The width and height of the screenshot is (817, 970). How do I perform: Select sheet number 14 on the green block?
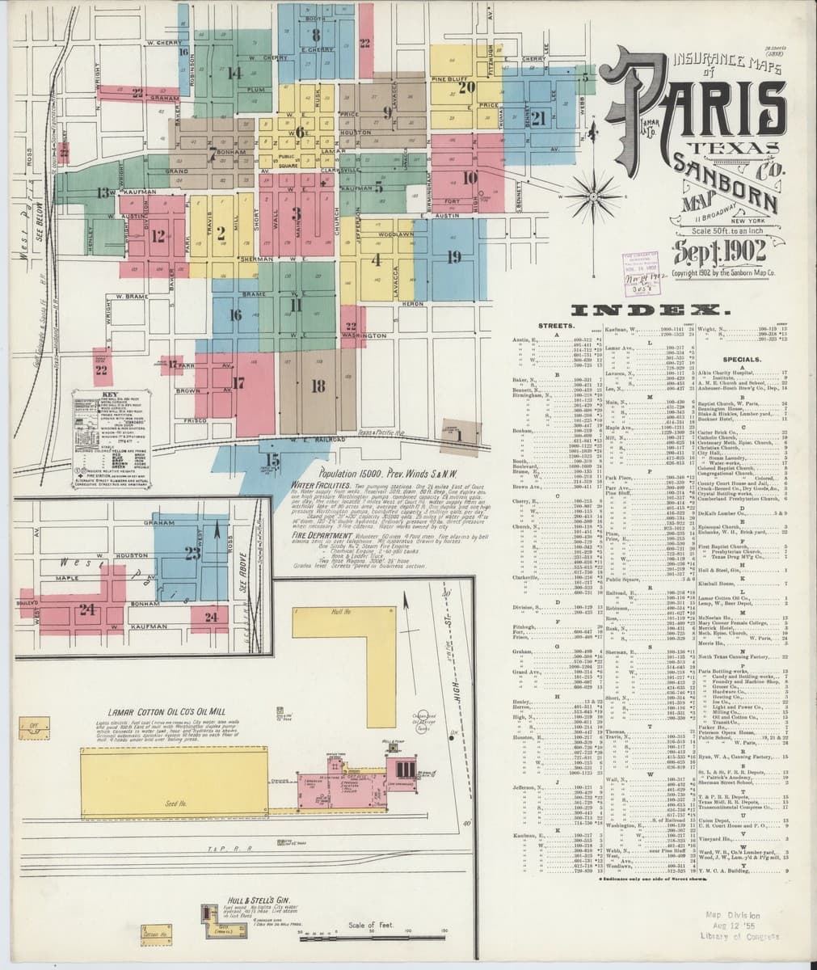234,73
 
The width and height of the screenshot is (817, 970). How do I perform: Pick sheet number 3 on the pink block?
297,213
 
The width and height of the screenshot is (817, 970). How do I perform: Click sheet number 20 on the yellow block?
465,86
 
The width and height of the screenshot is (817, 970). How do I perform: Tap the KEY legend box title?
105,394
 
